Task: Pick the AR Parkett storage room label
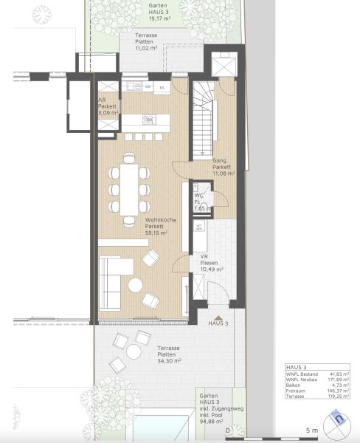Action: (x=108, y=105)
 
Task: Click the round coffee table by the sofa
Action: (x=136, y=285)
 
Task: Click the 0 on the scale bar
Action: (x=228, y=430)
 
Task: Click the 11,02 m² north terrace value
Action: (x=150, y=48)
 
